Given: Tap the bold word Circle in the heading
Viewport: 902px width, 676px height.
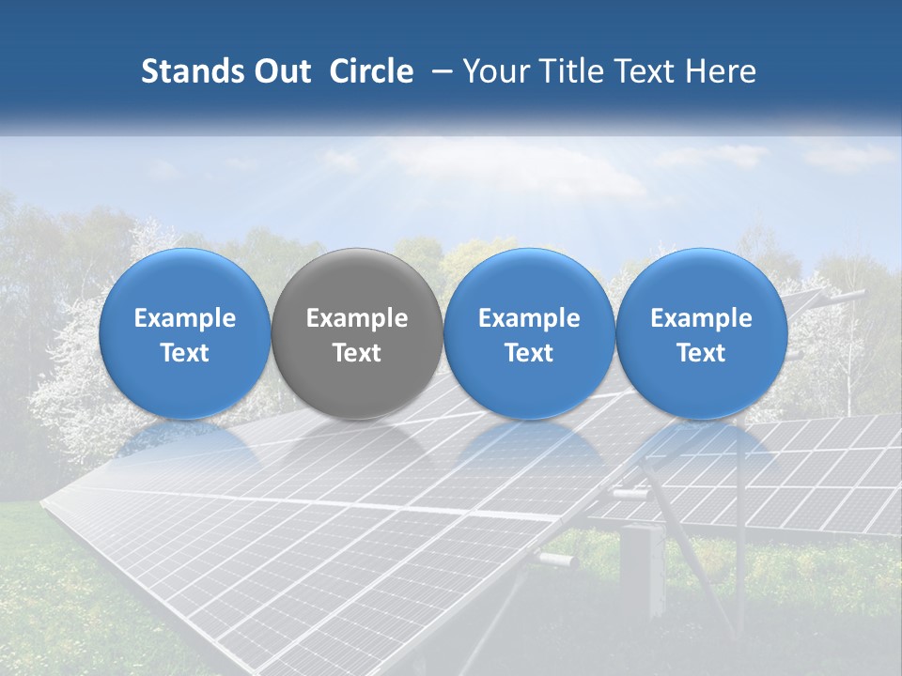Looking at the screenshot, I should pyautogui.click(x=371, y=71).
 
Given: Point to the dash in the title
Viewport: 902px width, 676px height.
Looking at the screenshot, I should pyautogui.click(x=438, y=72).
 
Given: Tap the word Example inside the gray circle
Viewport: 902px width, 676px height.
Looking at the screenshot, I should pyautogui.click(x=356, y=318).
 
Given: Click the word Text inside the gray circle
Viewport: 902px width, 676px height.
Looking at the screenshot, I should pyautogui.click(x=356, y=353).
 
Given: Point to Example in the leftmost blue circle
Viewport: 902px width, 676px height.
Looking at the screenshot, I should pyautogui.click(x=184, y=318).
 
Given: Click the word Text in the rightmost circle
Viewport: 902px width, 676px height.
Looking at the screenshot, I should pyautogui.click(x=701, y=353).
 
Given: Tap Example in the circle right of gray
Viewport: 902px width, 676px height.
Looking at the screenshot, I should pyautogui.click(x=529, y=318).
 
